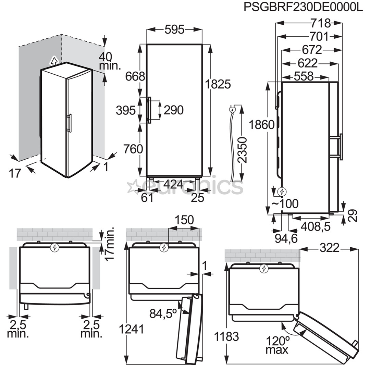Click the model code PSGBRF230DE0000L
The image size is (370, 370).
[303, 7]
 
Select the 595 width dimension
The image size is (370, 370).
[174, 30]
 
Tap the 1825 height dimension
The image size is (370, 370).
[218, 84]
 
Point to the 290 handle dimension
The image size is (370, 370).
[173, 110]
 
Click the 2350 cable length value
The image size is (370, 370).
[242, 150]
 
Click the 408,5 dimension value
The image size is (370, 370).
[315, 226]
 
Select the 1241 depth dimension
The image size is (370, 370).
[131, 329]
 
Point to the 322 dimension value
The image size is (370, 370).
[329, 247]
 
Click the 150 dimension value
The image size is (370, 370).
[184, 220]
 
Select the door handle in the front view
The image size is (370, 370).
[149, 110]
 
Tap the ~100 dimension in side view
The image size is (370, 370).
[285, 203]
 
